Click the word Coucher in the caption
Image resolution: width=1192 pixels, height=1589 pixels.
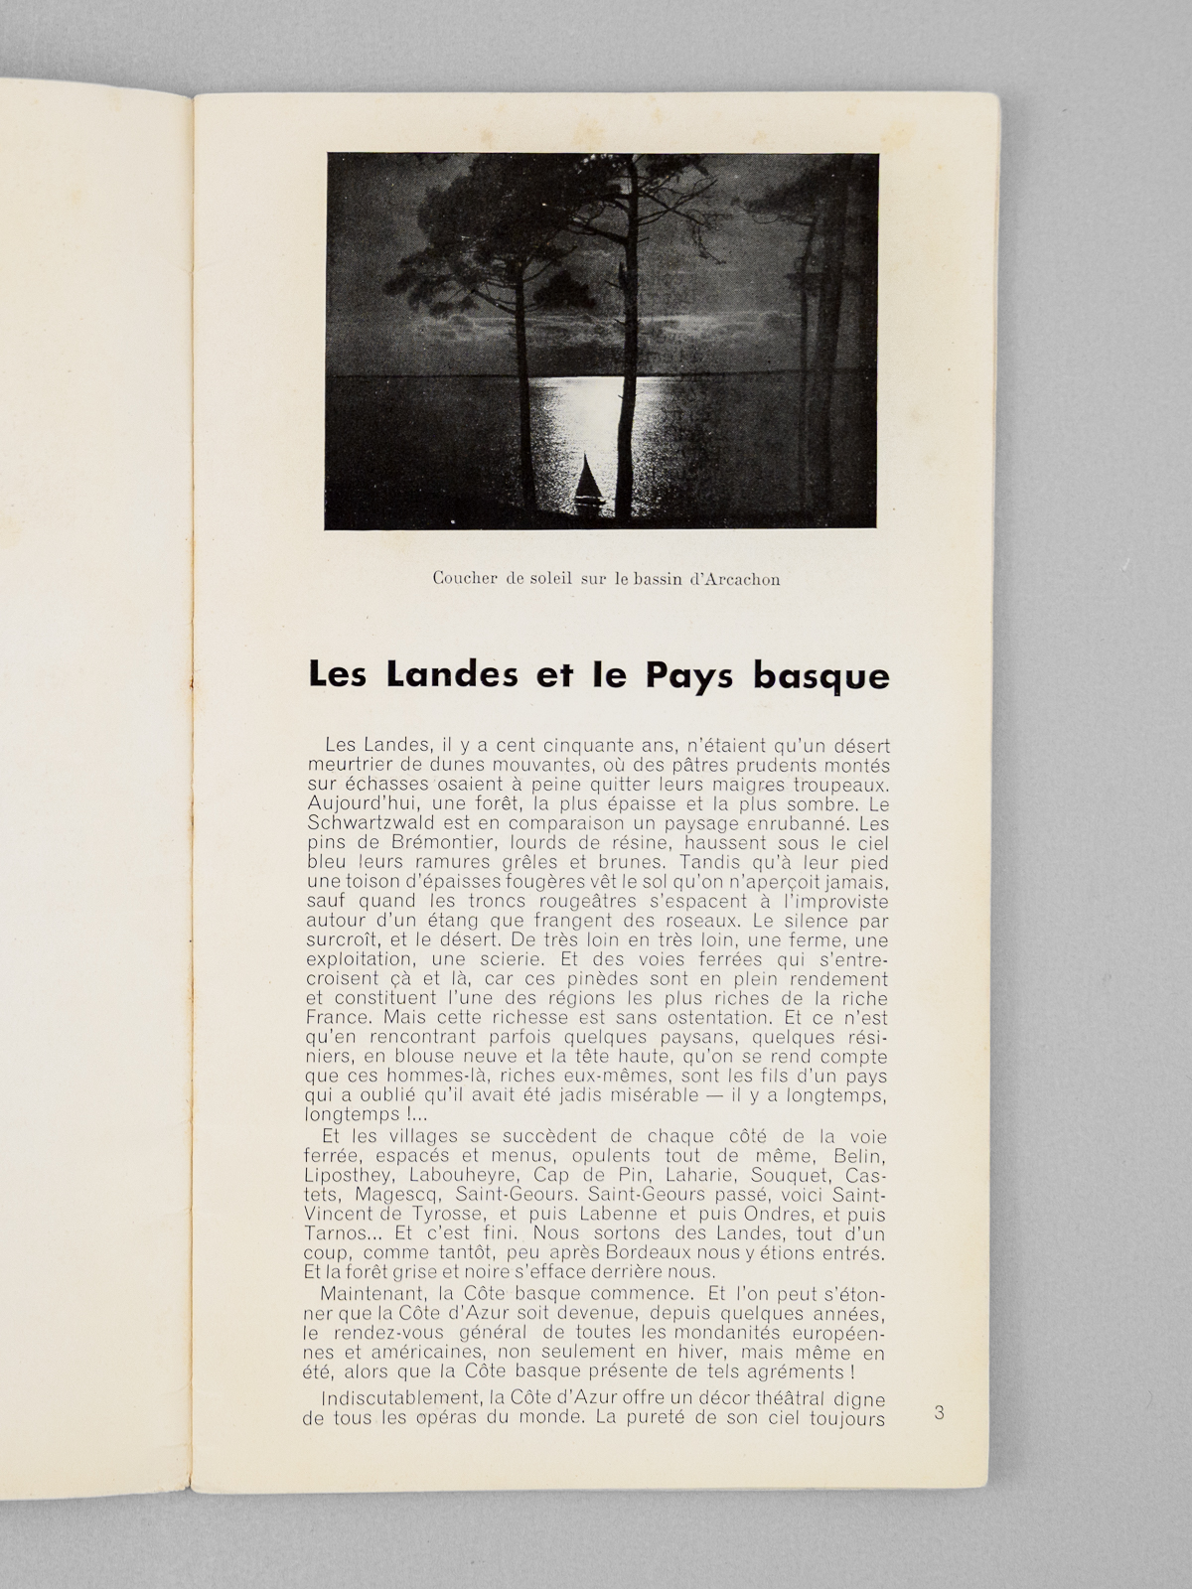(465, 580)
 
